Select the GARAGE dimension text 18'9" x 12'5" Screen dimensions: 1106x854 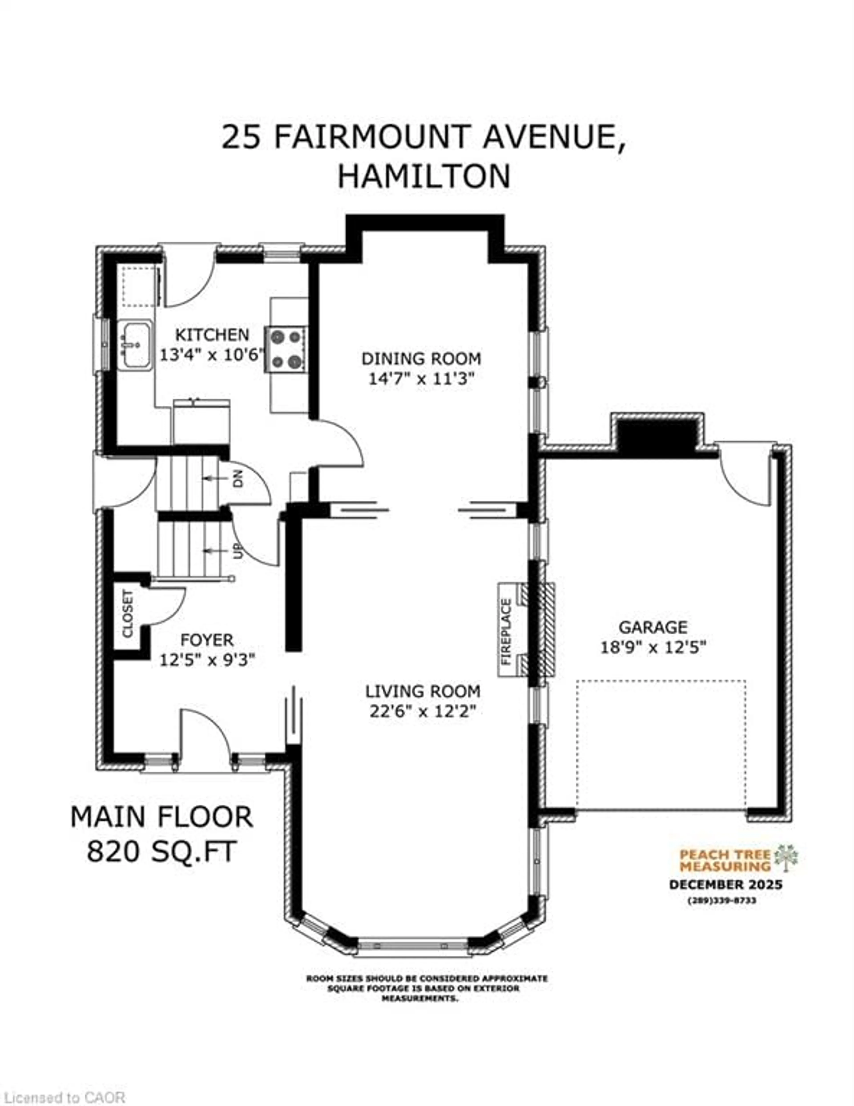coord(653,647)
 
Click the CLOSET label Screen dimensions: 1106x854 coord(128,614)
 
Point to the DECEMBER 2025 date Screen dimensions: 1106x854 coord(725,885)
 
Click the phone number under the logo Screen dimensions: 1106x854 coord(722,901)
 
